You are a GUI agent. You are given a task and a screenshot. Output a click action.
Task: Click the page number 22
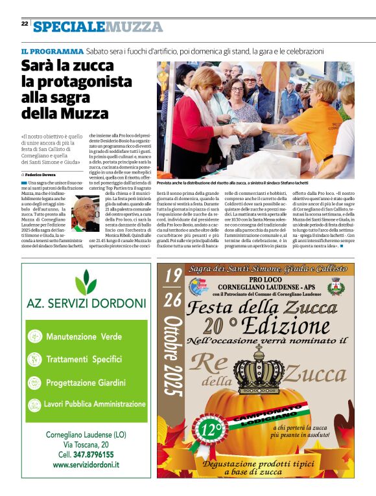(x=24, y=23)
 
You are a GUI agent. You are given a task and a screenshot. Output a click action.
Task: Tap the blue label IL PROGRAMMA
(x=52, y=51)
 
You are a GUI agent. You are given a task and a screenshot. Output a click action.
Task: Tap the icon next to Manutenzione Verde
(x=36, y=337)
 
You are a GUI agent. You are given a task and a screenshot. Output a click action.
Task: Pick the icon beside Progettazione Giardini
(x=36, y=382)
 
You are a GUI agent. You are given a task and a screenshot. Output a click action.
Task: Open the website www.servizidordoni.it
(x=86, y=465)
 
